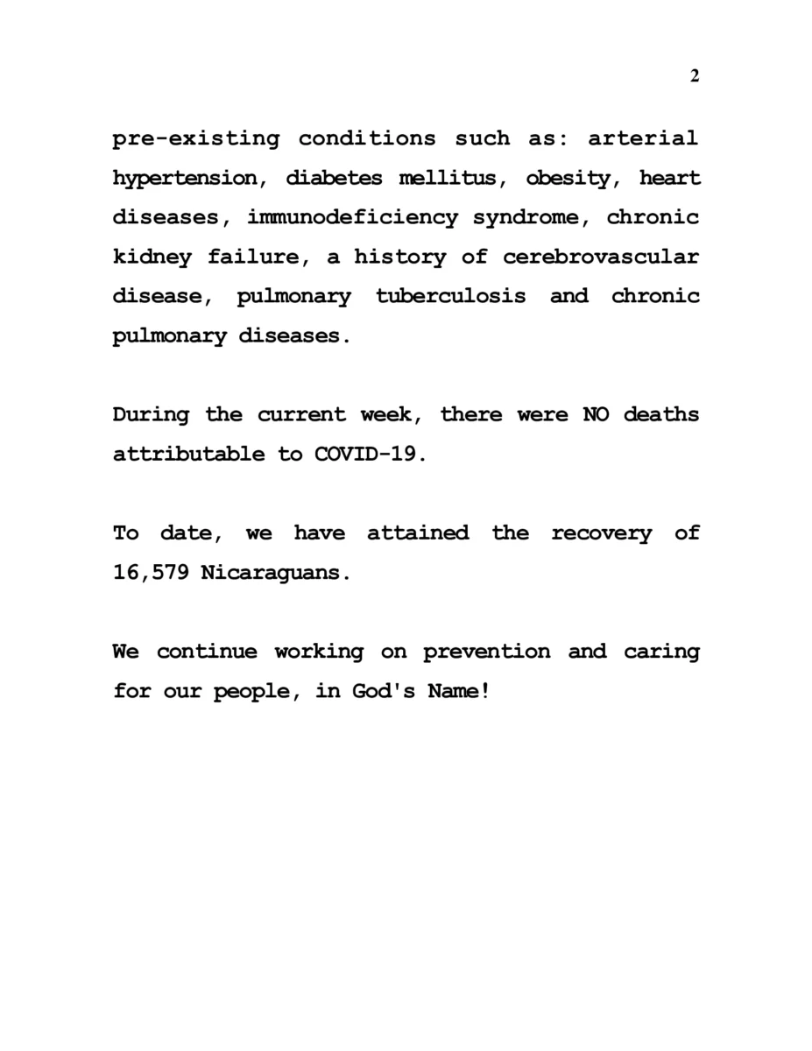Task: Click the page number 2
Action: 695,76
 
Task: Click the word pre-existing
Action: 196,138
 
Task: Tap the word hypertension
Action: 185,179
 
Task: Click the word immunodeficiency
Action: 352,218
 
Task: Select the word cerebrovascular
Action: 601,257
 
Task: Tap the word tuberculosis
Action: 451,296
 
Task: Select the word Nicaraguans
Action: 276,573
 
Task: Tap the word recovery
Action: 601,533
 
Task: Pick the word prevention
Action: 487,652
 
